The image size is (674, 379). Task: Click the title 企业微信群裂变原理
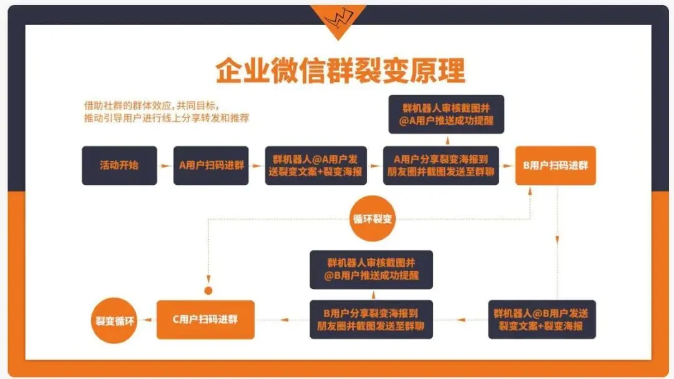(x=341, y=71)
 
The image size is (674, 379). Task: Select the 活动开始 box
(x=119, y=165)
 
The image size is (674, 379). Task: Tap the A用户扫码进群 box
(x=211, y=165)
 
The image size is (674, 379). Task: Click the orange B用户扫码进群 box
(x=555, y=165)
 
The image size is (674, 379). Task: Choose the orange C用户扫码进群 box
(x=205, y=320)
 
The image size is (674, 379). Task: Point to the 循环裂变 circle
(x=373, y=219)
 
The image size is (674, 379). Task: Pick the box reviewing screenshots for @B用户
(x=371, y=270)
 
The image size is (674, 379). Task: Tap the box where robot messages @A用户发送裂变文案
(x=316, y=165)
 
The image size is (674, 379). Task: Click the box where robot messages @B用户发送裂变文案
(x=542, y=320)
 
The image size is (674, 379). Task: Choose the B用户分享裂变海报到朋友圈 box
(x=371, y=320)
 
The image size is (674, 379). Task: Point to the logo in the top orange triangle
(x=337, y=19)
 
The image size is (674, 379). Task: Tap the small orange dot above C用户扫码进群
(x=208, y=290)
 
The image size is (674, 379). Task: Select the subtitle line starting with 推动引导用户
(x=167, y=118)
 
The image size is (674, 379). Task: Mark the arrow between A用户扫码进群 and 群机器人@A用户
(x=256, y=166)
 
